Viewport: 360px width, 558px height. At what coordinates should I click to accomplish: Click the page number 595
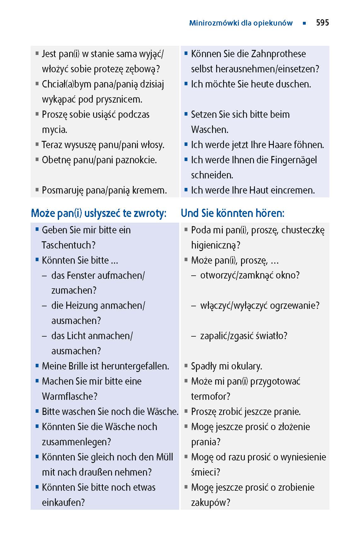322,23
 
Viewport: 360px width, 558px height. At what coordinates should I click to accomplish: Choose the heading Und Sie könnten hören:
233,213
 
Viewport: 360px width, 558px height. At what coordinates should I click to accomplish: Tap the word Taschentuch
68,245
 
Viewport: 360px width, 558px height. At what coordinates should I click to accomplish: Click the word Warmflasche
69,396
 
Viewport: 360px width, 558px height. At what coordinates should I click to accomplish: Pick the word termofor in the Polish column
210,396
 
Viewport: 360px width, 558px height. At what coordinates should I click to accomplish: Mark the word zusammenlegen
76,442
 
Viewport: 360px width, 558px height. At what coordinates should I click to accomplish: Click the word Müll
164,457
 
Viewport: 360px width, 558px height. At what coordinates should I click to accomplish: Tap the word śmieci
205,472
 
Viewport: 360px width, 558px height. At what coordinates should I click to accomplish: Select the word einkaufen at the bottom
63,502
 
